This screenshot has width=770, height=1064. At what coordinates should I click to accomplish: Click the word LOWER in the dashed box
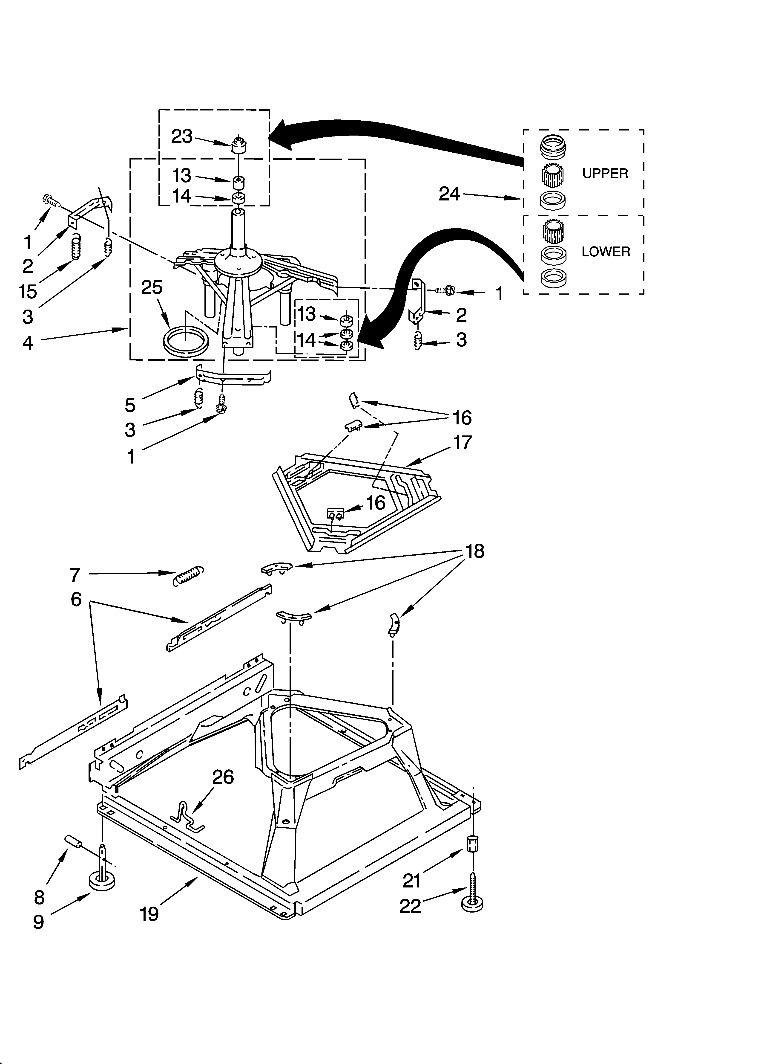tap(605, 252)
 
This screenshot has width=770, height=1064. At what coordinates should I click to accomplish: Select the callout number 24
tap(449, 194)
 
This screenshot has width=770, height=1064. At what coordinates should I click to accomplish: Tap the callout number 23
tap(182, 136)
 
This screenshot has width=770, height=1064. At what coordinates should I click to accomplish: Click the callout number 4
tap(28, 343)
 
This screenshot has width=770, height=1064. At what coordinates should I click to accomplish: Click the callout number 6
tap(76, 599)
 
